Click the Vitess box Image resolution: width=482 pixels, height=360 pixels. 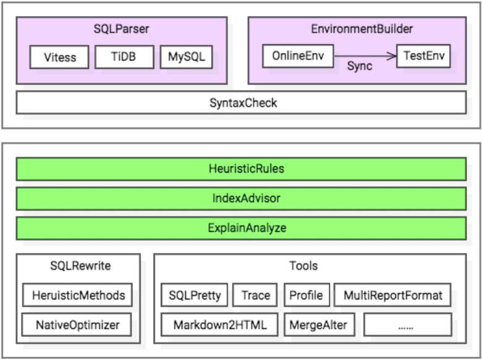pyautogui.click(x=59, y=58)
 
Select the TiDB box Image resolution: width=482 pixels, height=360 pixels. pyautogui.click(x=124, y=57)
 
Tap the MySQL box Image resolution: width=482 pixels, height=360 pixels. pyautogui.click(x=186, y=57)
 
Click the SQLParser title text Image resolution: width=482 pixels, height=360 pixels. pyautogui.click(x=121, y=29)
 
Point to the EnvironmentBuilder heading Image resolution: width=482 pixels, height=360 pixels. pyautogui.click(x=361, y=29)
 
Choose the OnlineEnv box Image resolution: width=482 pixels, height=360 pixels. pyautogui.click(x=298, y=56)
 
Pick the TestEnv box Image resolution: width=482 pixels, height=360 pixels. pyautogui.click(x=423, y=56)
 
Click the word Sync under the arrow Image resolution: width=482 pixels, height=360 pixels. pyautogui.click(x=360, y=66)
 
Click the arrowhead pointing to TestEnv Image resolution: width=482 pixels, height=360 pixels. pyautogui.click(x=392, y=56)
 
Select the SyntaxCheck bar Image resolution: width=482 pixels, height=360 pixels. pyautogui.click(x=241, y=103)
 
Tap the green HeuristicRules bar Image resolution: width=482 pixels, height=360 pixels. pyautogui.click(x=241, y=169)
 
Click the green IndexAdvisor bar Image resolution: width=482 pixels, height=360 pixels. pyautogui.click(x=241, y=199)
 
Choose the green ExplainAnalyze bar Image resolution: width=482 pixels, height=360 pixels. pyautogui.click(x=241, y=228)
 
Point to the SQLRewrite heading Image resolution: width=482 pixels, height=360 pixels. pyautogui.click(x=80, y=266)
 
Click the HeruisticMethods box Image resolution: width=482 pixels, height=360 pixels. pyautogui.click(x=77, y=295)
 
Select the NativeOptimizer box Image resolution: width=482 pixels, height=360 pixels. pyautogui.click(x=77, y=325)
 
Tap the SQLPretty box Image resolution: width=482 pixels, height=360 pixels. pyautogui.click(x=194, y=295)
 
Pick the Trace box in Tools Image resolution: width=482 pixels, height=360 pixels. pyautogui.click(x=255, y=295)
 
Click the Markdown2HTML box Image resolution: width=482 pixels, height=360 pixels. pyautogui.click(x=219, y=325)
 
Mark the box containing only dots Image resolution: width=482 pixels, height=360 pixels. pyautogui.click(x=408, y=325)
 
